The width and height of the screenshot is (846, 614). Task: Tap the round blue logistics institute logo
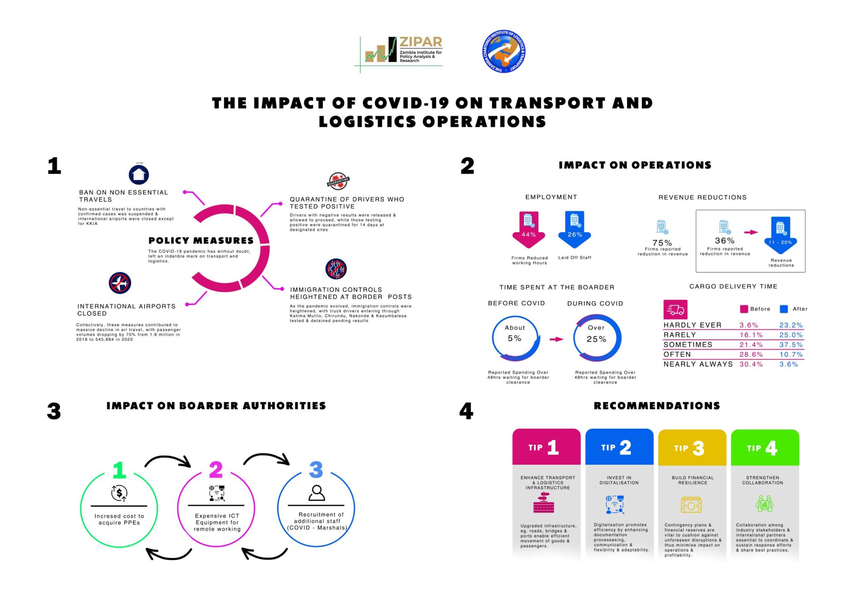coord(504,51)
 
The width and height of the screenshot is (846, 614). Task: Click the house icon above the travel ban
coord(139,174)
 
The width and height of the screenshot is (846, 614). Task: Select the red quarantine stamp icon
coord(338,181)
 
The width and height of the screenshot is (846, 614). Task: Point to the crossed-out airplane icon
coord(120,283)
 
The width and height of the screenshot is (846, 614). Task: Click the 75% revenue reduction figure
coord(662,243)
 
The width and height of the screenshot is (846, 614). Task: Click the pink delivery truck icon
coord(675,309)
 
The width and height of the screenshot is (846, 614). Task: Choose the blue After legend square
coord(784,309)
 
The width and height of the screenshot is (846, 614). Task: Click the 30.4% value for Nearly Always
coord(751,364)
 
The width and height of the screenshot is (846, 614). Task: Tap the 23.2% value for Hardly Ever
coord(791,325)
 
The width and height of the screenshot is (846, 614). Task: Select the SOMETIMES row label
coord(688,345)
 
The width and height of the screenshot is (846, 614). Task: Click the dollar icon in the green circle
coord(119,493)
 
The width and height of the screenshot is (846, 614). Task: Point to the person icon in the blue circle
coord(317,493)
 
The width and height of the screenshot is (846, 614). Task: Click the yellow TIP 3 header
coord(692,447)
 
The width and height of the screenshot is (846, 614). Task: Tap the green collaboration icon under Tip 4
coord(765,504)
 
